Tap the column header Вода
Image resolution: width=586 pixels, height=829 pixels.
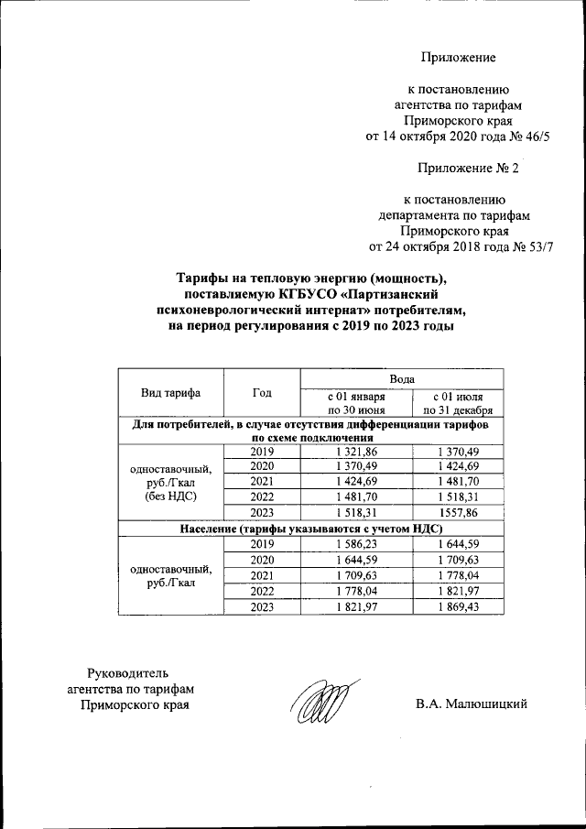click(402, 377)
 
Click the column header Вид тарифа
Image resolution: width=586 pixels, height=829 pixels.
click(170, 393)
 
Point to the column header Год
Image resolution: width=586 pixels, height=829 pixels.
click(263, 393)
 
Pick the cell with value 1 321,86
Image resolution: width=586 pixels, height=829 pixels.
click(356, 452)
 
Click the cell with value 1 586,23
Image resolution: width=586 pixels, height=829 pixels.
click(356, 544)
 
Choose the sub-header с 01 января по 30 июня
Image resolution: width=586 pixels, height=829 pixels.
click(356, 403)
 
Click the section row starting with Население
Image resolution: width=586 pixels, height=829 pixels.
click(310, 529)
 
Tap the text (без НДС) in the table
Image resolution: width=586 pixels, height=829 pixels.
click(170, 496)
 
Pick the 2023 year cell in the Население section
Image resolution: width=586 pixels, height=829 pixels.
click(263, 605)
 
